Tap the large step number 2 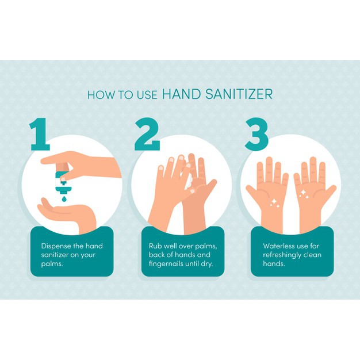(147, 134)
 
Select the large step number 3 (256, 134)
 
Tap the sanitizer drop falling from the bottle (64, 198)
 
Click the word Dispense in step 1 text (56, 246)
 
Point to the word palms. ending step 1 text (52, 264)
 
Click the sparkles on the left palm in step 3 (274, 203)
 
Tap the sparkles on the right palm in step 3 (303, 194)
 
